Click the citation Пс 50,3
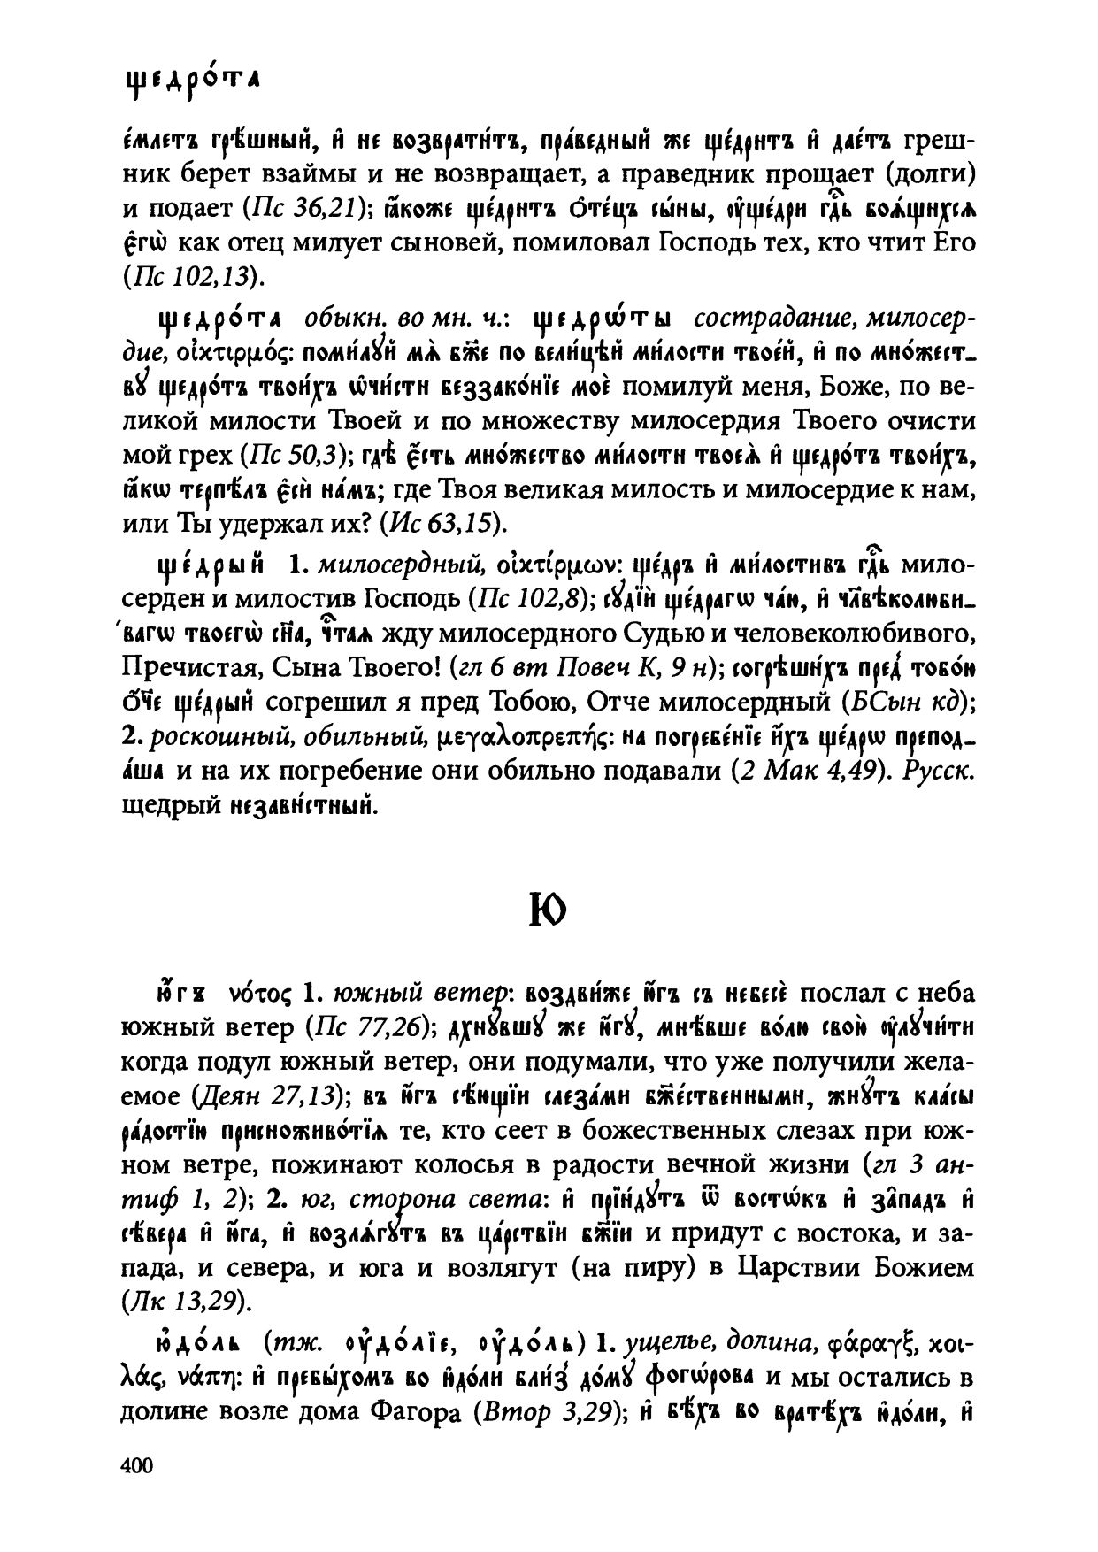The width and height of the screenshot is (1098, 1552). click(x=298, y=455)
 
